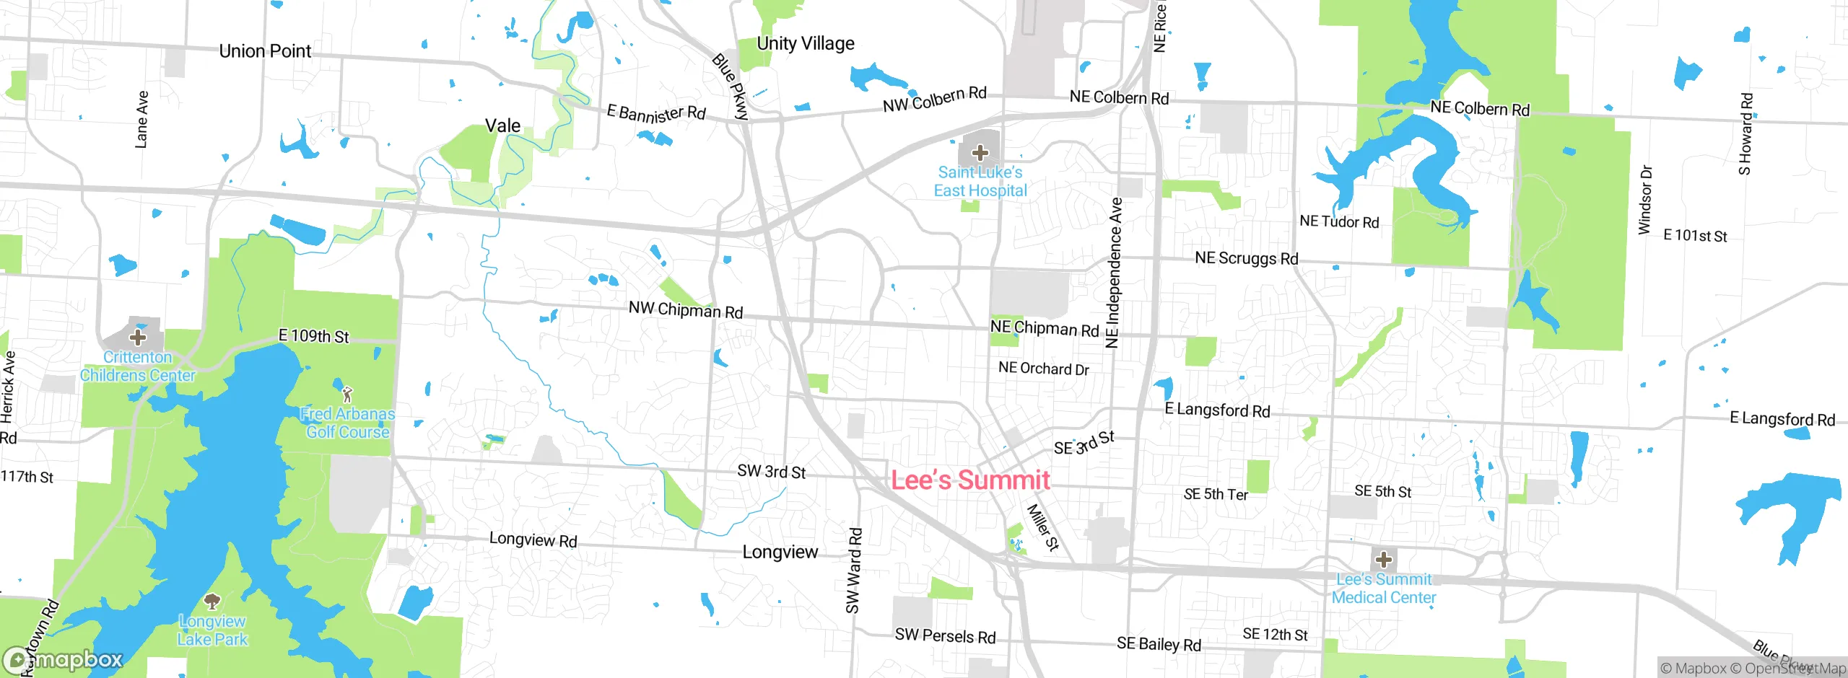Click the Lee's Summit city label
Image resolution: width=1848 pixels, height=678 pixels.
click(x=970, y=480)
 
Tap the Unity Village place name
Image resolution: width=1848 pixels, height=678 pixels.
click(x=805, y=44)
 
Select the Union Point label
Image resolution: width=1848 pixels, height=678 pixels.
click(x=265, y=51)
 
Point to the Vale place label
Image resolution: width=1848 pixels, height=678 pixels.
click(x=502, y=126)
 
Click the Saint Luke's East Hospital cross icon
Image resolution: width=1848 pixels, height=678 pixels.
click(x=980, y=153)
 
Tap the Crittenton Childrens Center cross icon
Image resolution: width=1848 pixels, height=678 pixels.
click(x=137, y=337)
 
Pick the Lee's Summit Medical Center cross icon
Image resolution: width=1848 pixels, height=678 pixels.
click(x=1383, y=560)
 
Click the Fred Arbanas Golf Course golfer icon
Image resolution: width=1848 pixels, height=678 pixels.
click(x=347, y=394)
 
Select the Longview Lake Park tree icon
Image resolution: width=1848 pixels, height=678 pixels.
click(x=212, y=601)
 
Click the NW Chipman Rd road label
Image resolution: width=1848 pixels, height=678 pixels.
click(x=685, y=310)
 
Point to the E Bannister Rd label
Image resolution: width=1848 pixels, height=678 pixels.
click(x=655, y=113)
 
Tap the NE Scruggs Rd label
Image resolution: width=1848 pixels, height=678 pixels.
click(x=1246, y=258)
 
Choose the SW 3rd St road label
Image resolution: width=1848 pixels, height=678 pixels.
click(x=771, y=472)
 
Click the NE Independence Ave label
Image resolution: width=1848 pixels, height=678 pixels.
click(x=1114, y=273)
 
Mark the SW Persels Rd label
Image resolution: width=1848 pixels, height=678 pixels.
click(x=945, y=636)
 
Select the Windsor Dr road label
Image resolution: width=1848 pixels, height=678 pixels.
click(x=1645, y=200)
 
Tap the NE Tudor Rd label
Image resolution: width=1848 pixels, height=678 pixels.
click(x=1339, y=221)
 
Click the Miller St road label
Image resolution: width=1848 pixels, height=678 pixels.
click(x=1042, y=528)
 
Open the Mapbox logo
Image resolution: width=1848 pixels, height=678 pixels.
click(x=64, y=660)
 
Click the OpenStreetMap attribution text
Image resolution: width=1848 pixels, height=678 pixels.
click(x=1793, y=669)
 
